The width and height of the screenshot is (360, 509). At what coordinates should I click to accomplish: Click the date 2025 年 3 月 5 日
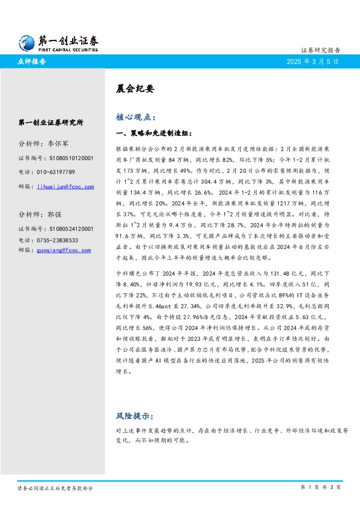312,62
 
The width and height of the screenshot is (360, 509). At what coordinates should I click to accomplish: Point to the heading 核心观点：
136,117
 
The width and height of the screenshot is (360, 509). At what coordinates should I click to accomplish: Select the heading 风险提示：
136,417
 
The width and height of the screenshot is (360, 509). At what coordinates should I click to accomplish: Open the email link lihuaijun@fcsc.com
65,187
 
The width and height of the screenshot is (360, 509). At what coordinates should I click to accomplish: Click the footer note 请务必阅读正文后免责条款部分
55,488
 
